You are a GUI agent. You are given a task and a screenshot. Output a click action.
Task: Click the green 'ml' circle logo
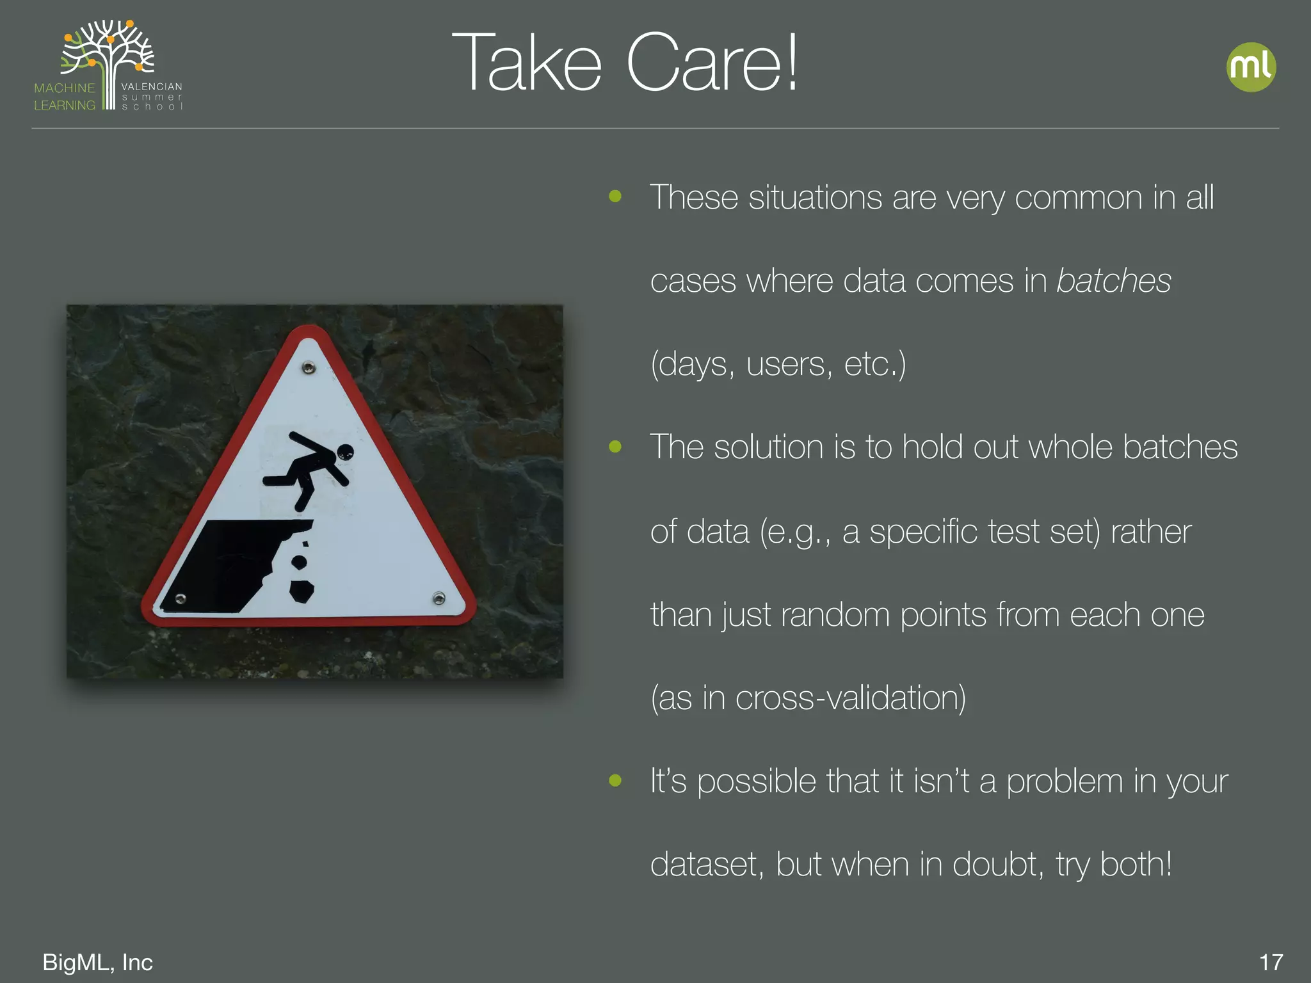click(1251, 67)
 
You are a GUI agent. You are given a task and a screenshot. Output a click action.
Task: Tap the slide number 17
click(1271, 962)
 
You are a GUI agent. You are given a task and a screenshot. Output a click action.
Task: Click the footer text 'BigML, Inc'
click(97, 962)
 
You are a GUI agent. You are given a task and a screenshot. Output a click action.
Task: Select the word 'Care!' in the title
click(712, 63)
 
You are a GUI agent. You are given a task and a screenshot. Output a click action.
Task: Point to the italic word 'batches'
click(1113, 281)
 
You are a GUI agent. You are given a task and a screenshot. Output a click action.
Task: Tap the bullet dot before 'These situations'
click(615, 196)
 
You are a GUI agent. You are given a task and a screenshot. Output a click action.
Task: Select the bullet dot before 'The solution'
click(615, 447)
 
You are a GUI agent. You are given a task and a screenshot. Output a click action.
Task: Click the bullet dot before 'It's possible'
click(615, 780)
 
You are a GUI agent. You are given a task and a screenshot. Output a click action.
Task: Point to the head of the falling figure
click(345, 452)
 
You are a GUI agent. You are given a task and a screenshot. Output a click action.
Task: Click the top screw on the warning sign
click(309, 368)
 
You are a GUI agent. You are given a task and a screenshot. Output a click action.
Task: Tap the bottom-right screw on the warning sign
click(438, 598)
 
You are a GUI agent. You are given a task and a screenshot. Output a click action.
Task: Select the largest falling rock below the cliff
click(302, 591)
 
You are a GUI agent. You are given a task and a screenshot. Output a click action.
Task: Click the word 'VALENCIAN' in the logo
click(152, 86)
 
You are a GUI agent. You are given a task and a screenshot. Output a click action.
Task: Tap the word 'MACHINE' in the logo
click(64, 88)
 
